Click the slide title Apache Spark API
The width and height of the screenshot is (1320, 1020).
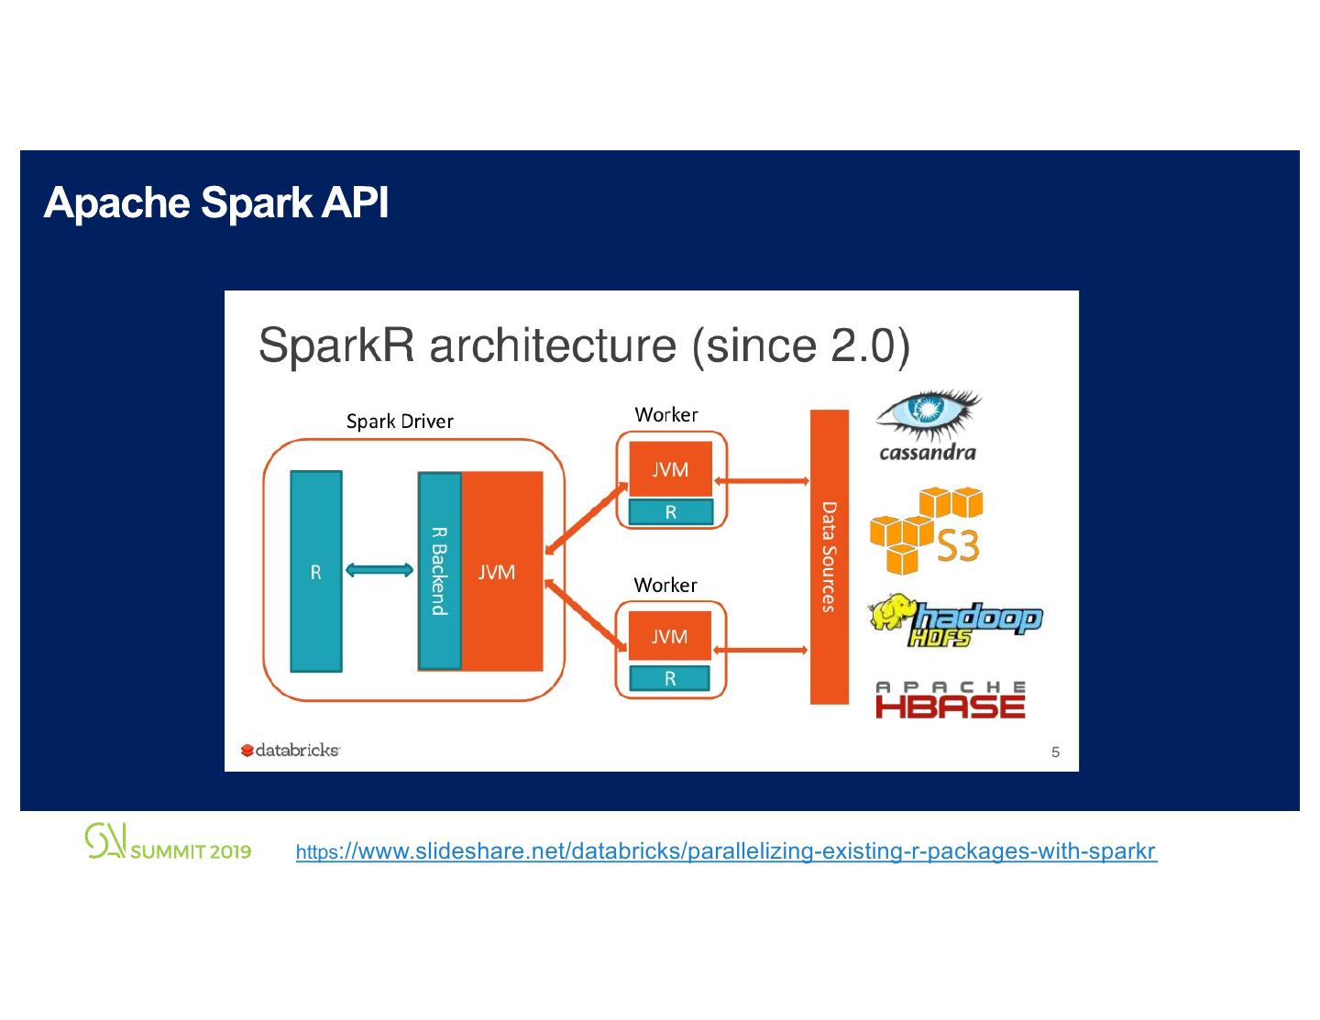pyautogui.click(x=216, y=203)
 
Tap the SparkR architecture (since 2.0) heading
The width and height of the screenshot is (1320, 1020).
pyautogui.click(x=584, y=346)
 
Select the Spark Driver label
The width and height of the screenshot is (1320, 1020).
pyautogui.click(x=400, y=422)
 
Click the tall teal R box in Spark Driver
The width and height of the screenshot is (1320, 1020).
pyautogui.click(x=316, y=571)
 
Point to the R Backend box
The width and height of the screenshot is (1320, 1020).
pyautogui.click(x=440, y=571)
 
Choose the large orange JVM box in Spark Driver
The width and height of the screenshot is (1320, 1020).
pyautogui.click(x=501, y=571)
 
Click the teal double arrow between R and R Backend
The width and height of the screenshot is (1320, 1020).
pyautogui.click(x=379, y=570)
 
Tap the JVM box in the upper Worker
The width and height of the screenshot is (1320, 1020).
pyautogui.click(x=670, y=468)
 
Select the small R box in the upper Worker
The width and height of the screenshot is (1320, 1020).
pyautogui.click(x=671, y=512)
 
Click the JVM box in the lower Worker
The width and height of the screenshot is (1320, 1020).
pyautogui.click(x=669, y=636)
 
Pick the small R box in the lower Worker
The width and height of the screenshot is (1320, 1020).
pyautogui.click(x=669, y=679)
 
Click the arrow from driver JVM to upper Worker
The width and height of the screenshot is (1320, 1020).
pyautogui.click(x=586, y=519)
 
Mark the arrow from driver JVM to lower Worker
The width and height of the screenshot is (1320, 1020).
pyautogui.click(x=586, y=615)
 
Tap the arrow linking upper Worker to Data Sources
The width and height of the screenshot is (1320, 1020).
pyautogui.click(x=762, y=481)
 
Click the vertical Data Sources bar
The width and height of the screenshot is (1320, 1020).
pyautogui.click(x=830, y=557)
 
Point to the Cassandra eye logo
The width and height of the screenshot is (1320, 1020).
pyautogui.click(x=929, y=414)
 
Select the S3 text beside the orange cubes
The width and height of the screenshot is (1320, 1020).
pyautogui.click(x=958, y=546)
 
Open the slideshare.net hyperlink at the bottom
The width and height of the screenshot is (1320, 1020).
pyautogui.click(x=726, y=851)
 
